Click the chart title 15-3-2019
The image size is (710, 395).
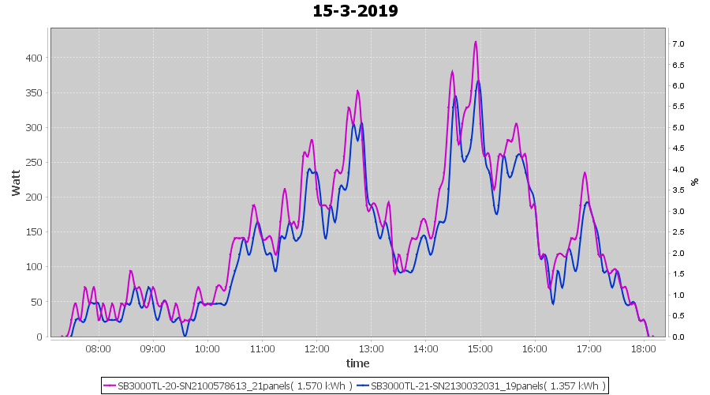coord(355,11)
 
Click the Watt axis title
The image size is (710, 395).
coord(17,182)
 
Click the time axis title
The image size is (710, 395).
coord(357,363)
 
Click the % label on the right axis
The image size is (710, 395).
coord(694,182)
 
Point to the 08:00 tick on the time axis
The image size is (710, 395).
coord(98,348)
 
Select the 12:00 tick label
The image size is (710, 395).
coord(316,348)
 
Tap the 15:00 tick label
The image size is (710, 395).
coord(480,348)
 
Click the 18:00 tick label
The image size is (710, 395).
coord(644,348)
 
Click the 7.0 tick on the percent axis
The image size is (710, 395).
coord(678,43)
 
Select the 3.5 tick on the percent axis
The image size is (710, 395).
coord(678,190)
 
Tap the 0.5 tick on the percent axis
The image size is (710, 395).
coord(678,316)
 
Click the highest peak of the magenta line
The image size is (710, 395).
coord(476,42)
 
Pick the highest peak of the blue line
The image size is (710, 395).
coord(478,81)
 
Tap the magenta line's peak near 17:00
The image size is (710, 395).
coord(585,172)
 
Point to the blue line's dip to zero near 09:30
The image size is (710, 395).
coord(185,336)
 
